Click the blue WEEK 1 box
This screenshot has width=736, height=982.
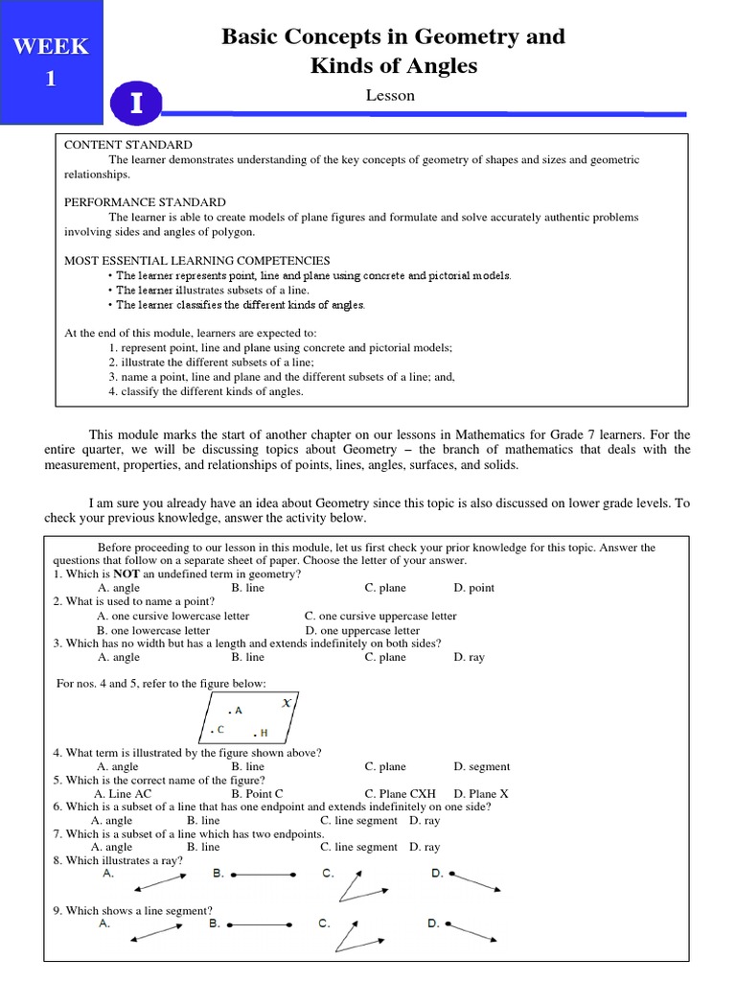click(x=52, y=62)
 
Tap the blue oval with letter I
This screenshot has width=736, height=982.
click(x=136, y=105)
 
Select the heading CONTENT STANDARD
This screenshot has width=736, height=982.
click(x=128, y=145)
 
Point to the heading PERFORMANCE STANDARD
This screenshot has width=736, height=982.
click(x=145, y=202)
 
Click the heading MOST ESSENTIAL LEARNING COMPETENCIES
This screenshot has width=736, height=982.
click(x=196, y=260)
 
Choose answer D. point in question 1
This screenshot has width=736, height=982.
click(x=473, y=588)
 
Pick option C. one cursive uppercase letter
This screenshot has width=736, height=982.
click(x=380, y=616)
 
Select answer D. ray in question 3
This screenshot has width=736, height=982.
click(x=470, y=658)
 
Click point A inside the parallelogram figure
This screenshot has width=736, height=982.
click(x=235, y=711)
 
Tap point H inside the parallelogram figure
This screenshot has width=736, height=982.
click(x=260, y=734)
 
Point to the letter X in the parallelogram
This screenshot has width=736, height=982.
click(x=287, y=704)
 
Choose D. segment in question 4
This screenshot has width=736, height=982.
click(x=481, y=767)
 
